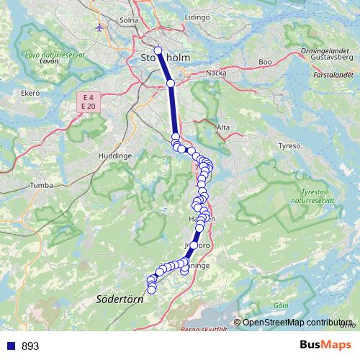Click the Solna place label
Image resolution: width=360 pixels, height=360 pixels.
130,20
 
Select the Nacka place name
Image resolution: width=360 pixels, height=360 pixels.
216,73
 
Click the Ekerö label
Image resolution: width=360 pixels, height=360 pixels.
30,93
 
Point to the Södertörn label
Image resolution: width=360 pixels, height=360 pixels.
120,299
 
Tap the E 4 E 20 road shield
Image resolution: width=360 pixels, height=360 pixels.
89,102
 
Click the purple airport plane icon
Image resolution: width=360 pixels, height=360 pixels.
99,27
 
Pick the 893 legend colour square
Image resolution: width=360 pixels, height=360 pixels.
11,346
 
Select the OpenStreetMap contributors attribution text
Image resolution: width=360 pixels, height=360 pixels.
297,322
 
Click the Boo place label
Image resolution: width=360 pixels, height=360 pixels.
265,63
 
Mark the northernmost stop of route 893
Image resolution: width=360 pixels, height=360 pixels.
158,50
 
